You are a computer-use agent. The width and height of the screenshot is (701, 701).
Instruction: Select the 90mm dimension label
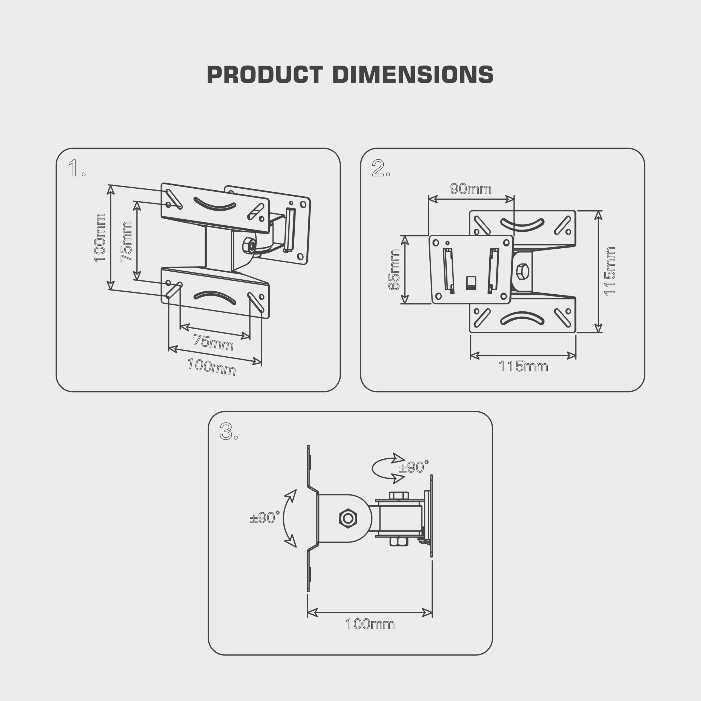(x=471, y=189)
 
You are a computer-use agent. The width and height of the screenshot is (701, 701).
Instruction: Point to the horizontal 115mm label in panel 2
(x=523, y=366)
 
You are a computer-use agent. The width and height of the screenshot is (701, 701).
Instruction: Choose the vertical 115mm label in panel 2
(x=610, y=271)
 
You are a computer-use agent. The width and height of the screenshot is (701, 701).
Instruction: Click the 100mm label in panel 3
(x=370, y=624)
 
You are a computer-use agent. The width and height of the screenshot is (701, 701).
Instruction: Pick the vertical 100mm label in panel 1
(x=100, y=238)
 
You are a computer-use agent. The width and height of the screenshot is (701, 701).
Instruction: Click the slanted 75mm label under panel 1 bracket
(x=213, y=343)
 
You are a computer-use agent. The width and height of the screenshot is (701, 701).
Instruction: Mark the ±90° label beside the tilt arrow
(x=265, y=518)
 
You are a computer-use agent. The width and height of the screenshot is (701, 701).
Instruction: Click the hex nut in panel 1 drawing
(x=249, y=246)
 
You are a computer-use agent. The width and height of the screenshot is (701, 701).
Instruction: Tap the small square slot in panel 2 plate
(x=471, y=283)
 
